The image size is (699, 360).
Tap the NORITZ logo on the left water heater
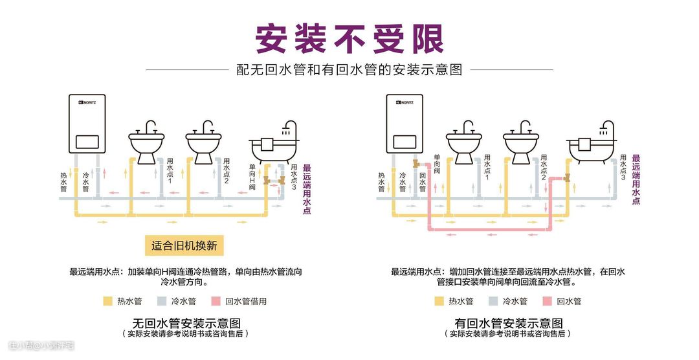[85, 102]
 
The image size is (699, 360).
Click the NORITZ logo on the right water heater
[403, 102]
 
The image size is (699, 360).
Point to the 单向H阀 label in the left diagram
[252, 176]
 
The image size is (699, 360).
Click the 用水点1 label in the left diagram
[170, 170]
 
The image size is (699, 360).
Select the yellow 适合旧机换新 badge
[183, 246]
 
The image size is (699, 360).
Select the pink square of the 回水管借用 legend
[216, 301]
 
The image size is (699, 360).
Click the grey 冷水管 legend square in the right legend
[493, 301]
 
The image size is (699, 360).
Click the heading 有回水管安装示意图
[508, 322]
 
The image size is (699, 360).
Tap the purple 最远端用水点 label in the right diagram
[636, 179]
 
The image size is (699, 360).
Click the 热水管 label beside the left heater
[64, 182]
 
